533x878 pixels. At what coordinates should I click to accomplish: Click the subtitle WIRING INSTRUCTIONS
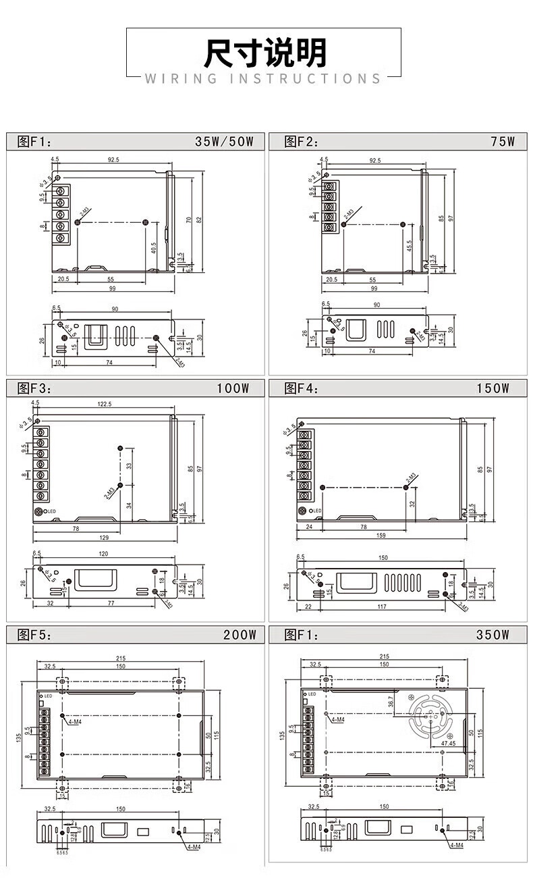(264, 79)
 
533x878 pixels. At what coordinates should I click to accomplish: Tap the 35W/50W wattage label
(224, 141)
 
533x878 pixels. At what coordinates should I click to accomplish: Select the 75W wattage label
(503, 141)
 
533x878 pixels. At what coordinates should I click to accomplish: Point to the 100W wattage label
(233, 388)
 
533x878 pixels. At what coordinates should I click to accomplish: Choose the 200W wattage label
(240, 635)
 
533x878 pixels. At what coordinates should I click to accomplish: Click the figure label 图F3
(34, 388)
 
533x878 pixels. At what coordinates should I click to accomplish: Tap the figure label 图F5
(34, 635)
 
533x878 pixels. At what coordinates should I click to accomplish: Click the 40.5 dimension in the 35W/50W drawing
(154, 247)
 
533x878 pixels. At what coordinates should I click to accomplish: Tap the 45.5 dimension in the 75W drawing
(410, 246)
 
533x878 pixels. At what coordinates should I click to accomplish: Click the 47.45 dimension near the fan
(448, 743)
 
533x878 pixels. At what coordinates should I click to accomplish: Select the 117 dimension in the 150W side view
(382, 606)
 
